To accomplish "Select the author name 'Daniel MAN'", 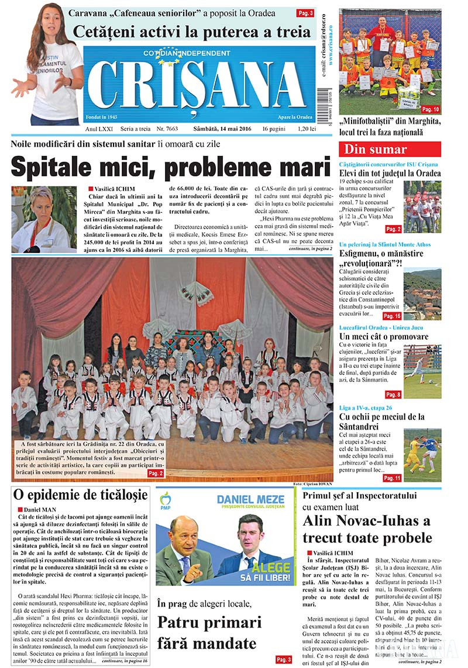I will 40,510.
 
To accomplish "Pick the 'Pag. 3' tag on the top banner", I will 305,12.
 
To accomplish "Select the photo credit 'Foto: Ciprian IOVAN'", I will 314,483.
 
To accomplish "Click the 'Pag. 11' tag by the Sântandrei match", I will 391,478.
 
